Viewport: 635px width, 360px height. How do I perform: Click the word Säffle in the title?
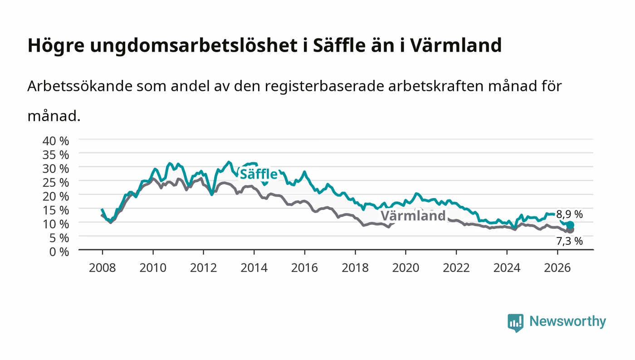click(339, 45)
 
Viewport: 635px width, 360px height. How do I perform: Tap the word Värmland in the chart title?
click(456, 45)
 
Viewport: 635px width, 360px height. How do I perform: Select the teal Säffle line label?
click(259, 174)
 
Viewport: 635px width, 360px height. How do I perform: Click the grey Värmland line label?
click(413, 216)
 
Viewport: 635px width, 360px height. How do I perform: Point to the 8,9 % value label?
click(569, 214)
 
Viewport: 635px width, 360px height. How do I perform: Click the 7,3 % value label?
click(569, 241)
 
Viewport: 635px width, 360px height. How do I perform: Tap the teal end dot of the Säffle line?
click(570, 225)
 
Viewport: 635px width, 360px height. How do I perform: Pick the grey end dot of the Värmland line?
click(570, 230)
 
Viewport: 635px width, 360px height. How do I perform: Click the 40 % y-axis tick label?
click(56, 141)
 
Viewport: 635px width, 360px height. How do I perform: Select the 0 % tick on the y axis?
click(59, 252)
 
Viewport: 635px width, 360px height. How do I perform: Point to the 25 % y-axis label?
click(56, 183)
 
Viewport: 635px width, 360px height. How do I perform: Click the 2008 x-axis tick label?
click(103, 268)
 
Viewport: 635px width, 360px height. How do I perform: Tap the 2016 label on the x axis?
click(304, 268)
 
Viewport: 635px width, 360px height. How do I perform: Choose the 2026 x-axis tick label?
click(557, 268)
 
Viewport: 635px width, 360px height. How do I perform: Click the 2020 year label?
click(405, 268)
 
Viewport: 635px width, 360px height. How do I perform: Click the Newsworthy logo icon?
click(515, 323)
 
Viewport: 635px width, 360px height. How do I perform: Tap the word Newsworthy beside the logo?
click(568, 321)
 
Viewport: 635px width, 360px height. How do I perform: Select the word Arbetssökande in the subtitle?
click(80, 86)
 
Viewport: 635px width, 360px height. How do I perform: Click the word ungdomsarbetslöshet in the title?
click(194, 46)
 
